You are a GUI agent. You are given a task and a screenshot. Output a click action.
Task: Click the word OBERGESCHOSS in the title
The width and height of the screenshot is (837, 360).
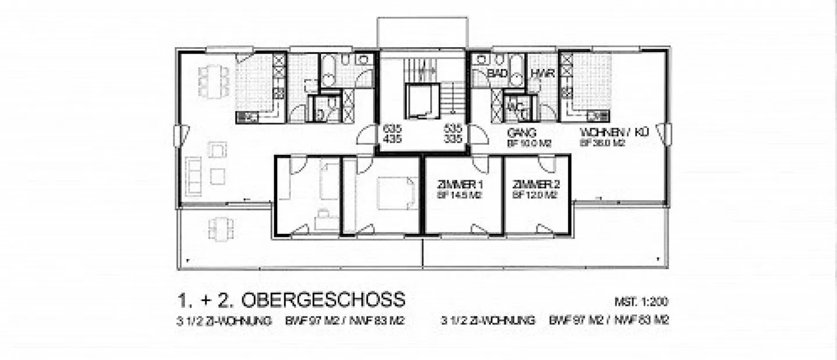coord(323,300)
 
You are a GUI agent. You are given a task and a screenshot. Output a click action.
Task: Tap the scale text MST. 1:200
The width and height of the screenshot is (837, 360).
coord(641,302)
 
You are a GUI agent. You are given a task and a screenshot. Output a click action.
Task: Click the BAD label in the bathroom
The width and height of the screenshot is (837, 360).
coord(498,74)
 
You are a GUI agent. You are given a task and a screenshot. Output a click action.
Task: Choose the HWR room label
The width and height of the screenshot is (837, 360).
coord(542,74)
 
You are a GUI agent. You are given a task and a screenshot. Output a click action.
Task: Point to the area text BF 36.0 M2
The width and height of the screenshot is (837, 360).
coord(602,142)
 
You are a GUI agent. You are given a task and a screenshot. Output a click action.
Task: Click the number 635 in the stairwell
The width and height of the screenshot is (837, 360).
coord(392,129)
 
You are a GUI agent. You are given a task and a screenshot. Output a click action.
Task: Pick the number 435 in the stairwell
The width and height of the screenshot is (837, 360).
coord(392,139)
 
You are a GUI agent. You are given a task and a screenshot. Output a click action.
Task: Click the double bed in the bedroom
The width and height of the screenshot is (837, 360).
coord(397,193)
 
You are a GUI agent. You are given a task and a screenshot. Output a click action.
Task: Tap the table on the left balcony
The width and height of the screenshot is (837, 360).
coord(221,228)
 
